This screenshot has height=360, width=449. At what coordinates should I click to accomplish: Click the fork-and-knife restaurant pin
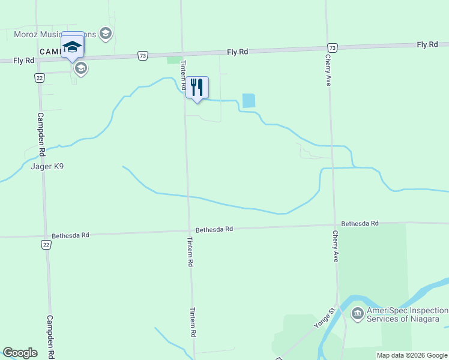(x=197, y=88)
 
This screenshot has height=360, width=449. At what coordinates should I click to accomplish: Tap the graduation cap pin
(x=73, y=46)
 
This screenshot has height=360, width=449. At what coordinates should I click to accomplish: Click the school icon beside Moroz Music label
(x=106, y=34)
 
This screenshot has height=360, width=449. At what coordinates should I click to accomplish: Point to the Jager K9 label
(x=47, y=167)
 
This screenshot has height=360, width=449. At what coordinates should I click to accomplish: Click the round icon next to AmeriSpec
(x=357, y=313)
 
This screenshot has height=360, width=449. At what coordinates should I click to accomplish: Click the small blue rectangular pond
(x=248, y=101)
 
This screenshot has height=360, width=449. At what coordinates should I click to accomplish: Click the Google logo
(x=20, y=353)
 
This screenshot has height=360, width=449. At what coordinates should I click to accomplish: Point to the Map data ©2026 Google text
(x=412, y=355)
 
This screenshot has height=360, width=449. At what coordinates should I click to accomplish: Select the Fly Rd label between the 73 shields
(x=237, y=52)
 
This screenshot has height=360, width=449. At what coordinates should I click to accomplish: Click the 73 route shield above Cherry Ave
(x=333, y=47)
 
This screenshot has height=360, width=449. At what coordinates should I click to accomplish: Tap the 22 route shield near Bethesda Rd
(x=46, y=244)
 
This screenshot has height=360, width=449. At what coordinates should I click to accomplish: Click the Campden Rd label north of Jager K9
(x=41, y=128)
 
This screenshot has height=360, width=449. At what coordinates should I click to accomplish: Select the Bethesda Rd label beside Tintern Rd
(x=214, y=229)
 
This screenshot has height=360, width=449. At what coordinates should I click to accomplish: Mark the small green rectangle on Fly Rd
(x=174, y=60)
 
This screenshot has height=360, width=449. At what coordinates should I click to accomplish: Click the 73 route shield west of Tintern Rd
(x=142, y=56)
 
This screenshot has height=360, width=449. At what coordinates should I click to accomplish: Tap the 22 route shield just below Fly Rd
(x=39, y=77)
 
